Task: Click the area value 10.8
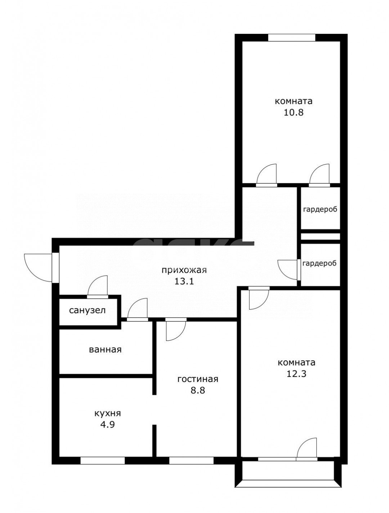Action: coord(293,113)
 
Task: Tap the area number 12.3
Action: coord(296,374)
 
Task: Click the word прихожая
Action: coord(184,270)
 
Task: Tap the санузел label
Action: coord(87,310)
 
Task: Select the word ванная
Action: coord(105,350)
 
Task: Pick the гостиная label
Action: coord(198,379)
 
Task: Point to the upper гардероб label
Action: coord(320,209)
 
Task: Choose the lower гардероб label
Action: coord(319,263)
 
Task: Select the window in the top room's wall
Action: coord(291,38)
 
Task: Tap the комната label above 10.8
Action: coord(293,101)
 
